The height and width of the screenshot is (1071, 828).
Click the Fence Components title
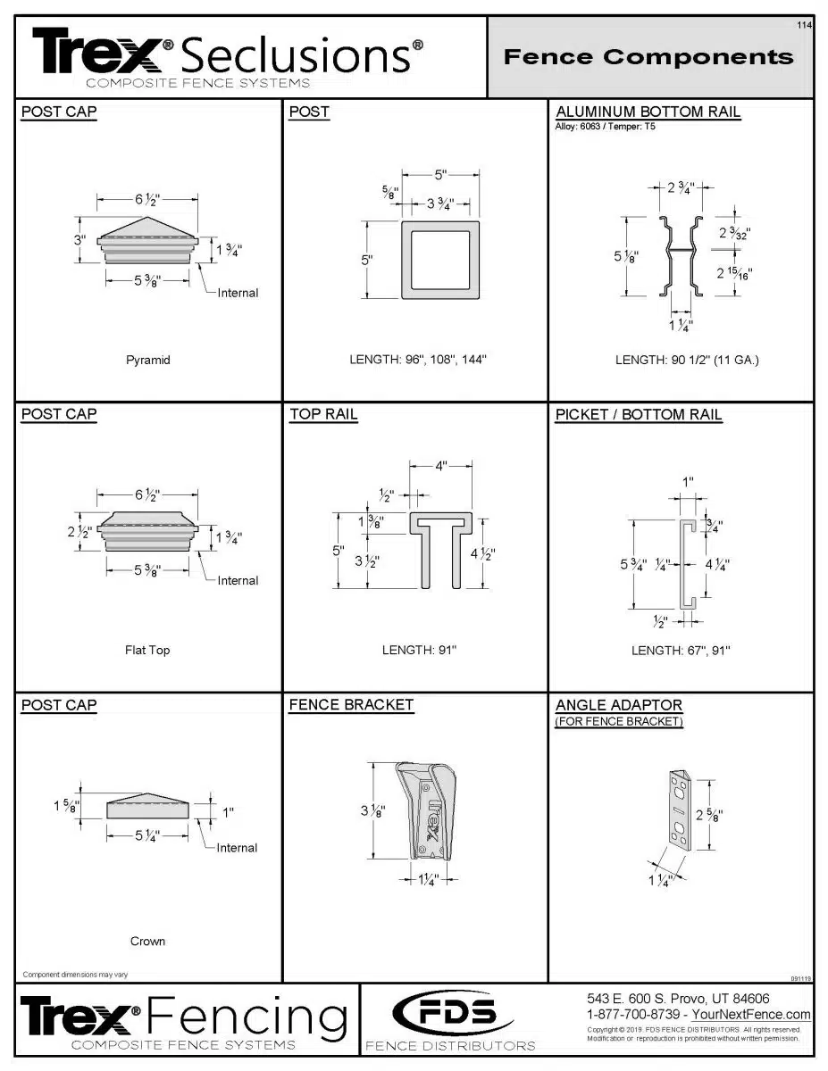(x=648, y=57)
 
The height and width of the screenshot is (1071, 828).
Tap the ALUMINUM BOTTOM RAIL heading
(x=648, y=112)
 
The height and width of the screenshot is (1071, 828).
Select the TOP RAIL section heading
(x=323, y=414)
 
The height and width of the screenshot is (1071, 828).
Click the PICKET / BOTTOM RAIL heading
(x=638, y=414)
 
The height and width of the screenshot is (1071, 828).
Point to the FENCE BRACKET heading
(x=351, y=705)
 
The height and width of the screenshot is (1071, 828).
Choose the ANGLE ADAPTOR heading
(x=618, y=705)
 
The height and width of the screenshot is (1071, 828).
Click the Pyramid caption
(x=147, y=361)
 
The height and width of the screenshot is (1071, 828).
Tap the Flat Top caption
(x=147, y=650)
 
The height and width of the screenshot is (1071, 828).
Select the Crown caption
(x=147, y=941)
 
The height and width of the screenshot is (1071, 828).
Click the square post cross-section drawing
(x=439, y=260)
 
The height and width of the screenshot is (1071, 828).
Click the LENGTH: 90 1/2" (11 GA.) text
(x=686, y=361)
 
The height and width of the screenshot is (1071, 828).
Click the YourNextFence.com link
(x=751, y=1015)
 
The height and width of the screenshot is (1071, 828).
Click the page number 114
(x=804, y=25)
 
